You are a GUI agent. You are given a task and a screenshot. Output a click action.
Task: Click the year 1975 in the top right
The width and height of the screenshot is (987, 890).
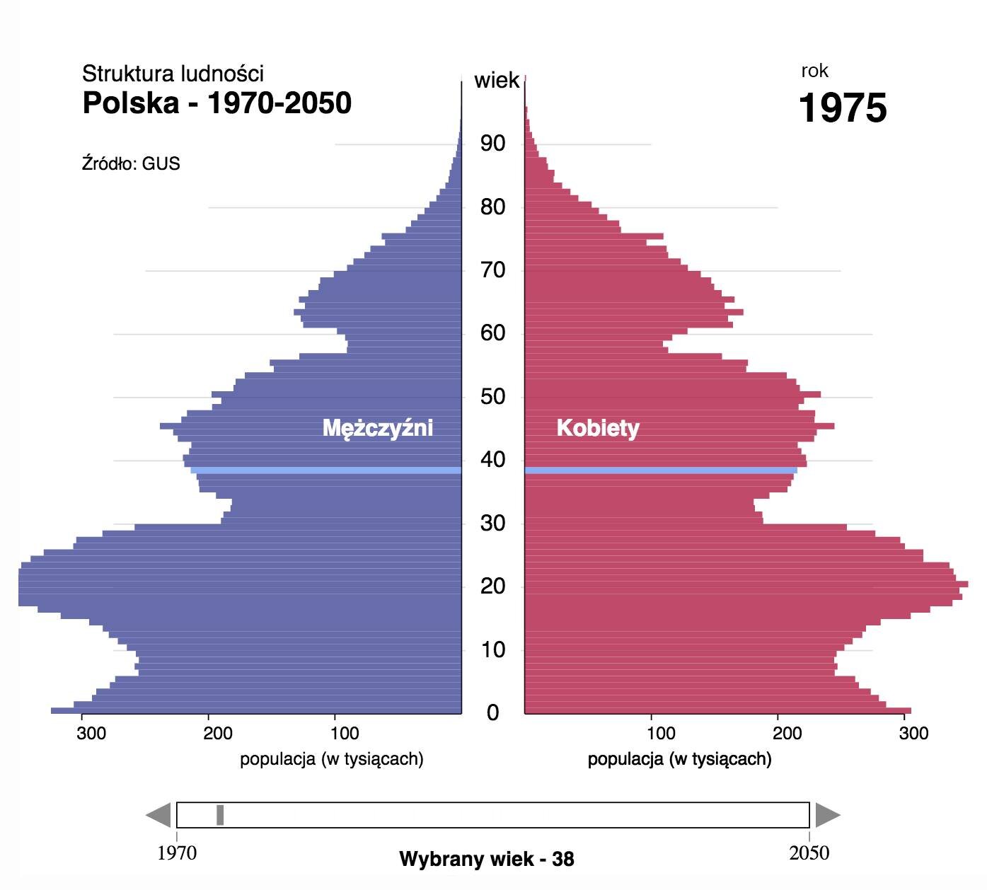(x=842, y=108)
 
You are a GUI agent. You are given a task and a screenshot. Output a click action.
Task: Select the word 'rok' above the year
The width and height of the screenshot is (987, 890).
(x=814, y=71)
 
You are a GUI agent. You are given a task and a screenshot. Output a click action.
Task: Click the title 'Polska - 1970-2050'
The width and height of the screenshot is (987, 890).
(x=217, y=103)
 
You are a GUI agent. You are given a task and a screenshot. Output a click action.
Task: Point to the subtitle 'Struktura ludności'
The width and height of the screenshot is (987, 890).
(x=173, y=74)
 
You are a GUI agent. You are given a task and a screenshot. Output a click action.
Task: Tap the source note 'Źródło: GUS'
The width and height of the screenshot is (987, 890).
(x=131, y=163)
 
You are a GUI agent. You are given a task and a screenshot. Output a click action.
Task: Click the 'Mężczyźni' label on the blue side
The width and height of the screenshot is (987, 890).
(x=377, y=428)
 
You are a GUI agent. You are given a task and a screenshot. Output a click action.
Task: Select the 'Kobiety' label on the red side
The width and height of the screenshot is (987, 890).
(x=598, y=428)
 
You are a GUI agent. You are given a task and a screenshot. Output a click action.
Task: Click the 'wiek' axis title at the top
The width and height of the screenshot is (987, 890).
(x=497, y=81)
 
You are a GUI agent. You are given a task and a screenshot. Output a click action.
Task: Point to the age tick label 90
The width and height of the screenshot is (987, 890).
(x=492, y=144)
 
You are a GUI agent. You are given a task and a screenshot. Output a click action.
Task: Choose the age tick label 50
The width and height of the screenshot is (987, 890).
(x=492, y=397)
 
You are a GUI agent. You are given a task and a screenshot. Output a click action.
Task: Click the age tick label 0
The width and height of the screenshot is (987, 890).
(x=492, y=713)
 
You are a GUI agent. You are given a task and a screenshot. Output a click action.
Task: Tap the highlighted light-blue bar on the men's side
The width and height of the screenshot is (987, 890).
(x=325, y=470)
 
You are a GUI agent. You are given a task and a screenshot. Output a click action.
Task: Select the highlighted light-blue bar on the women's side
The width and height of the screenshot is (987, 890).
(x=661, y=470)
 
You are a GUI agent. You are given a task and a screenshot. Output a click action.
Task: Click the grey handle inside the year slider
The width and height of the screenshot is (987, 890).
(x=220, y=815)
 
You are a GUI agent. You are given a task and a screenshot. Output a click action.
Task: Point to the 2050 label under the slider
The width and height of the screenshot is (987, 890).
(x=809, y=853)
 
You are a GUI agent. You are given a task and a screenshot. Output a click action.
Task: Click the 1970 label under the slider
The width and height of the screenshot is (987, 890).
(x=177, y=853)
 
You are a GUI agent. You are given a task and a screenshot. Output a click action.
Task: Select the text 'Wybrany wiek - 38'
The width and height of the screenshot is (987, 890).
(x=487, y=859)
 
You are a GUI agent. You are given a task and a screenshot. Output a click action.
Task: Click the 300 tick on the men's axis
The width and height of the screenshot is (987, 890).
(x=91, y=733)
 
